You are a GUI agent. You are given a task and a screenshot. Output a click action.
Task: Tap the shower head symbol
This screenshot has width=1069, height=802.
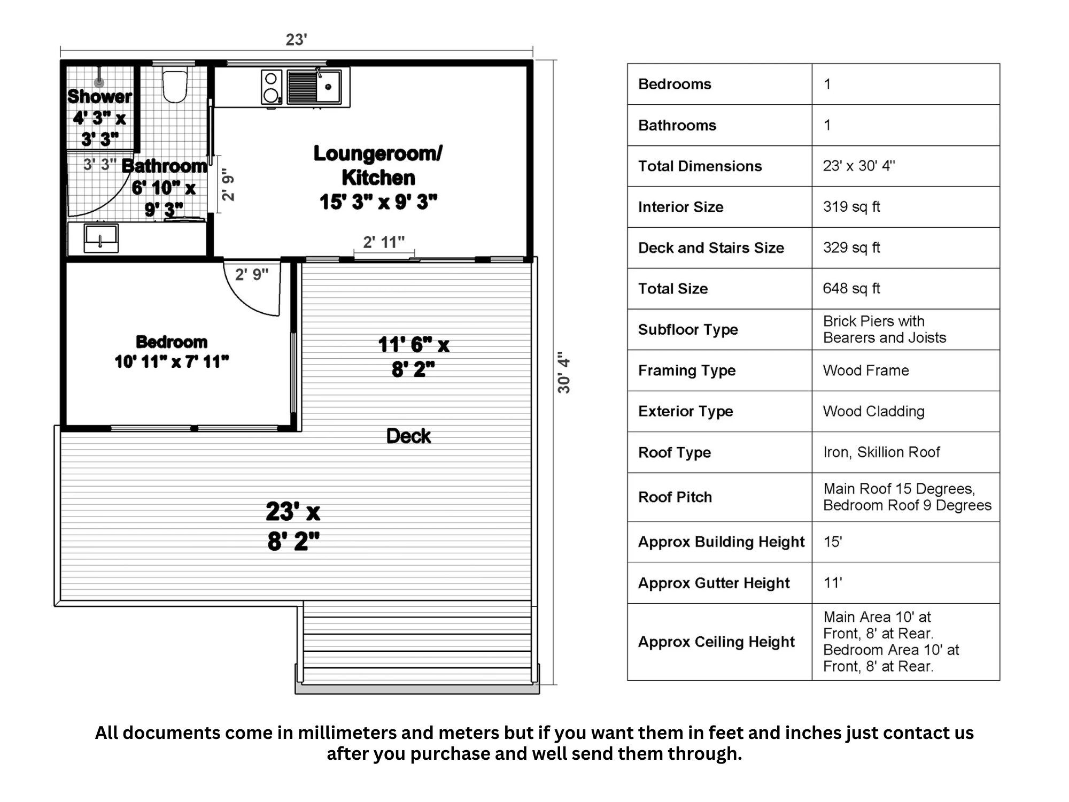(x=99, y=82)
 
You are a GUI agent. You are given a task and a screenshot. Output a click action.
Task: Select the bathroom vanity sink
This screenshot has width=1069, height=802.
(x=101, y=237)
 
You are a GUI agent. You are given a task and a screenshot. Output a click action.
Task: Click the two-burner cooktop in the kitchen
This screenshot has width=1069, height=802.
(x=272, y=87)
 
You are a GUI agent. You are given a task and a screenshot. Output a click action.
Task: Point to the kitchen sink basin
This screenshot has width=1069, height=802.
(x=328, y=87)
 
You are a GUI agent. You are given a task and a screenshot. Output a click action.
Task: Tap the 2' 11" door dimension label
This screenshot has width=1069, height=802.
(x=384, y=242)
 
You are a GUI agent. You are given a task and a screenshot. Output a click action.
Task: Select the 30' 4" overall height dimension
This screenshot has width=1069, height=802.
(x=564, y=373)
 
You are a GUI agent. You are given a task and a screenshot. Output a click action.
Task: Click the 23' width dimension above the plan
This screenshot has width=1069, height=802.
(x=296, y=40)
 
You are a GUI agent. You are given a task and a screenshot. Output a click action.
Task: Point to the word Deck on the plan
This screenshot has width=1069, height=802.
(x=408, y=436)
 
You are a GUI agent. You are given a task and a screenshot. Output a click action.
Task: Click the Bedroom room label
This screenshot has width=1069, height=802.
(x=172, y=342)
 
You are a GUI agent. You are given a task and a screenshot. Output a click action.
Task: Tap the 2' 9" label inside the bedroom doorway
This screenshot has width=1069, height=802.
(x=252, y=274)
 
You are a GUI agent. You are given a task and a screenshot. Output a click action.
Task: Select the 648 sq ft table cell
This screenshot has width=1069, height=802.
(x=851, y=289)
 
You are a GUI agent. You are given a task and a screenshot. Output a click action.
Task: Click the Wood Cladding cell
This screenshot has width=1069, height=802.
(x=873, y=411)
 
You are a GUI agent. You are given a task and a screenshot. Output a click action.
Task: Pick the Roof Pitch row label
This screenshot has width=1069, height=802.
(x=675, y=497)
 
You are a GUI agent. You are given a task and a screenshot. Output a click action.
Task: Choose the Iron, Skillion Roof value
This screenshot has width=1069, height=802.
(x=881, y=452)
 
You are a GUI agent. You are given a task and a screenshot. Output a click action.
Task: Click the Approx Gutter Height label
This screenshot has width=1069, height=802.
(x=714, y=583)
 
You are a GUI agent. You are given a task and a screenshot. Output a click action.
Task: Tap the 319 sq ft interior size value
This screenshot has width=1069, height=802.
(x=851, y=207)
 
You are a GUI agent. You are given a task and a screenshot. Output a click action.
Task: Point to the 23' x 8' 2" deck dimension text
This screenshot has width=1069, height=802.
(x=293, y=526)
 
